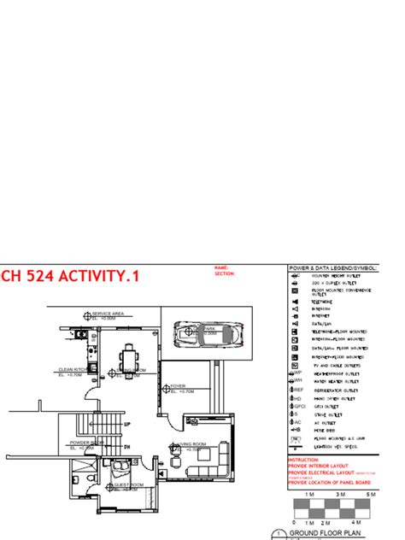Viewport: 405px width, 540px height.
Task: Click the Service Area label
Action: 109,314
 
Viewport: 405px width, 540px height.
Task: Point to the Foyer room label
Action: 179,386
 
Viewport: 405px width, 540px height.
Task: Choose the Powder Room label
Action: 85,443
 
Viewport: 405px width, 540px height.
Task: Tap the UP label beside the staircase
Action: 127,424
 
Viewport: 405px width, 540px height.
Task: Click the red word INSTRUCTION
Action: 304,459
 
